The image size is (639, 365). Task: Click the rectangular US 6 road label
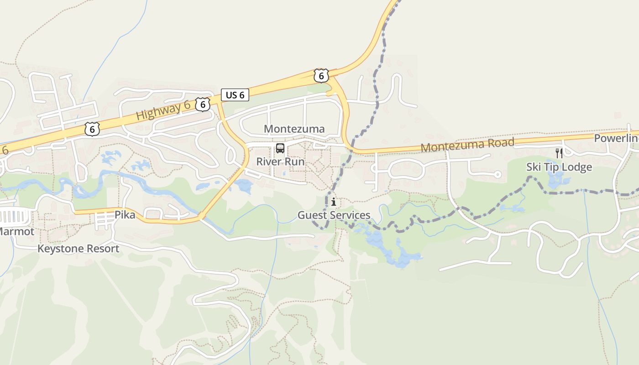point(235,95)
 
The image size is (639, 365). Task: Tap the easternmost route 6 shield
point(321,76)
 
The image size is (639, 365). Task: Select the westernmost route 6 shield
point(92,129)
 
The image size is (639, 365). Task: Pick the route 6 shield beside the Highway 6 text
point(203,104)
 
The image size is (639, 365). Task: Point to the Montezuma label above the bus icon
point(294,129)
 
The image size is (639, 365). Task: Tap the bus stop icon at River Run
point(280,148)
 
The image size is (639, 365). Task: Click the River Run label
point(280,162)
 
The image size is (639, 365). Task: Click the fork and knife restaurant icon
point(559,153)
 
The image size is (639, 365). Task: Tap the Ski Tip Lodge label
point(559,167)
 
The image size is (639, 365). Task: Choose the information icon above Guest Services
point(334,202)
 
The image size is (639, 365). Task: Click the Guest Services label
point(334,215)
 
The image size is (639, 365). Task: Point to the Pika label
point(125,214)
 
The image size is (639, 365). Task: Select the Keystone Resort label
point(78,249)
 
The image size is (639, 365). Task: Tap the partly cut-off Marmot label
point(16,231)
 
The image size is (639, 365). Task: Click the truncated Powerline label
point(616,138)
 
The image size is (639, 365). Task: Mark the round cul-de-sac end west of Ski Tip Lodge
point(498,174)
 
